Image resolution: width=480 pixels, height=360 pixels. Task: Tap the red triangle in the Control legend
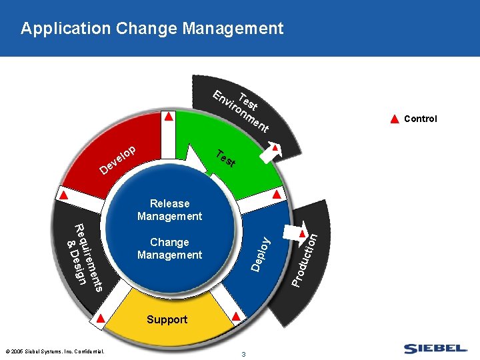(x=394, y=119)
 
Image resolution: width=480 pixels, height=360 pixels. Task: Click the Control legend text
(x=421, y=119)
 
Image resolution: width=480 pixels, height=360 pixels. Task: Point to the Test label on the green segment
(x=226, y=159)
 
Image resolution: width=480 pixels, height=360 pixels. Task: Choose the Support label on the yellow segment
(x=167, y=320)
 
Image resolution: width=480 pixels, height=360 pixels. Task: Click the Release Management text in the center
(x=169, y=210)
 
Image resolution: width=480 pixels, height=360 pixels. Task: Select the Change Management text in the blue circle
(x=169, y=249)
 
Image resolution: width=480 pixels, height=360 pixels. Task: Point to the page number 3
(x=244, y=354)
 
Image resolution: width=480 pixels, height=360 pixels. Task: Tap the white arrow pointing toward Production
(x=291, y=231)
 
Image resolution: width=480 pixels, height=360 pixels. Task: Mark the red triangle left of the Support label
(x=101, y=318)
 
